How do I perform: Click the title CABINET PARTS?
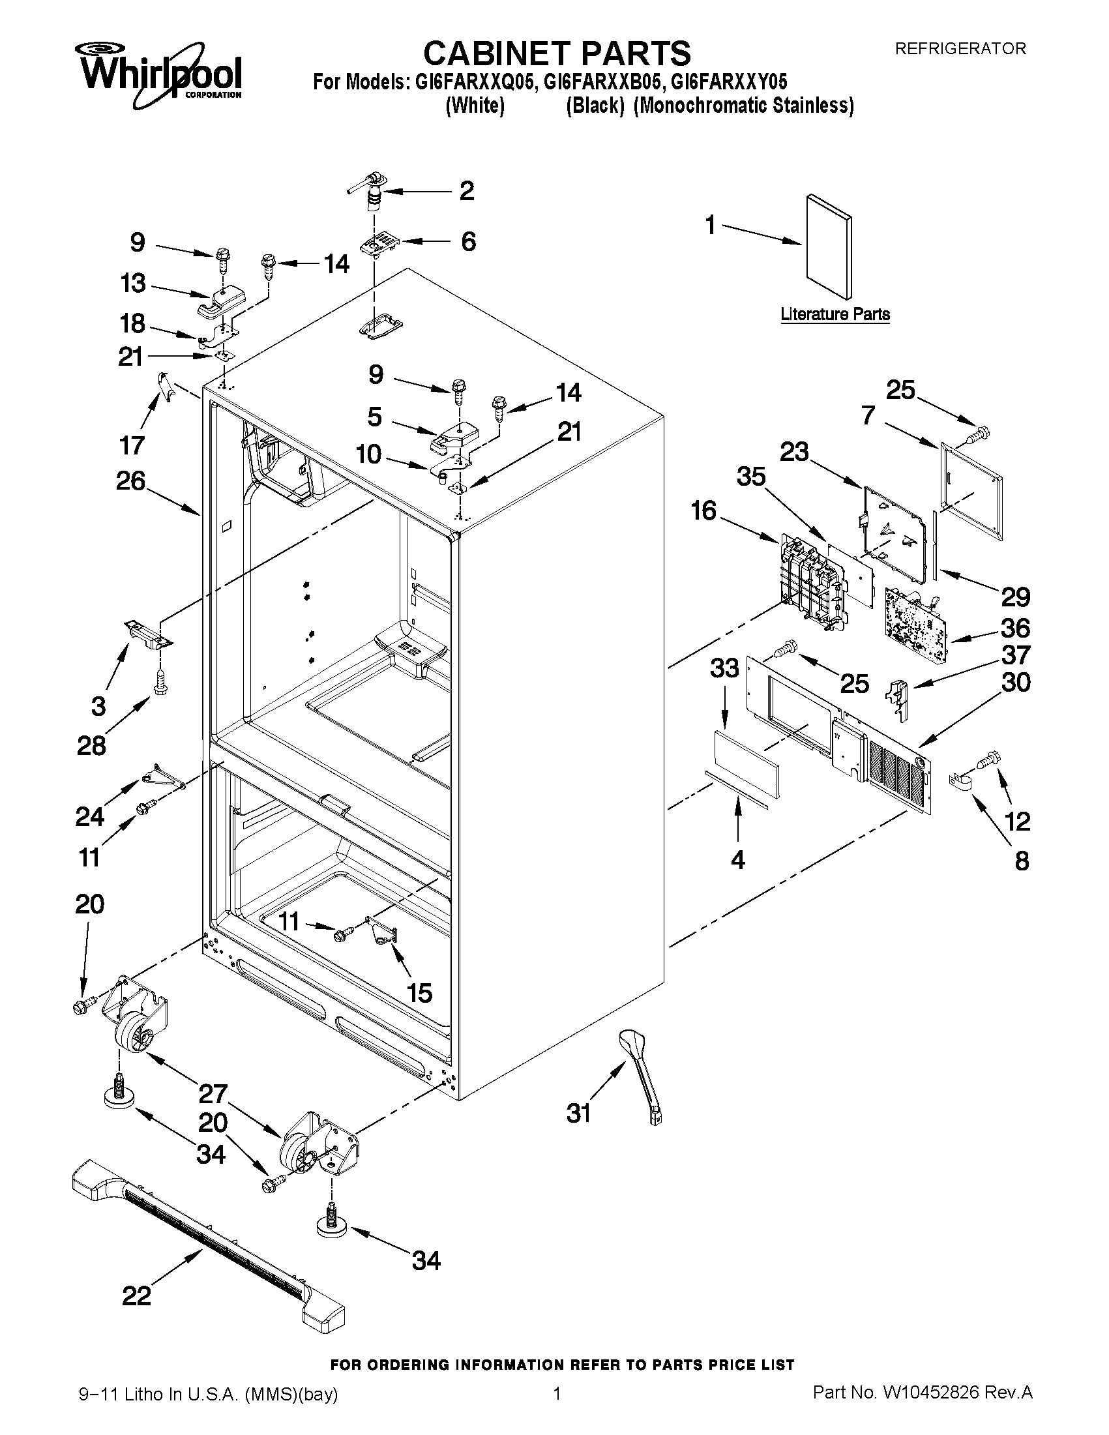[x=556, y=53]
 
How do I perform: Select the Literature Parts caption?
[x=835, y=314]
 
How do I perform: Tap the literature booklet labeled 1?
[x=829, y=246]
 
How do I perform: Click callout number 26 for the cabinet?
[x=130, y=481]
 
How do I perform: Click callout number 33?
[x=724, y=668]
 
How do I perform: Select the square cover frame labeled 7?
[x=971, y=492]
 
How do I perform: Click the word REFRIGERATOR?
[x=960, y=49]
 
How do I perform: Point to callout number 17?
[x=132, y=445]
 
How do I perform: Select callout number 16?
[x=703, y=510]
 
